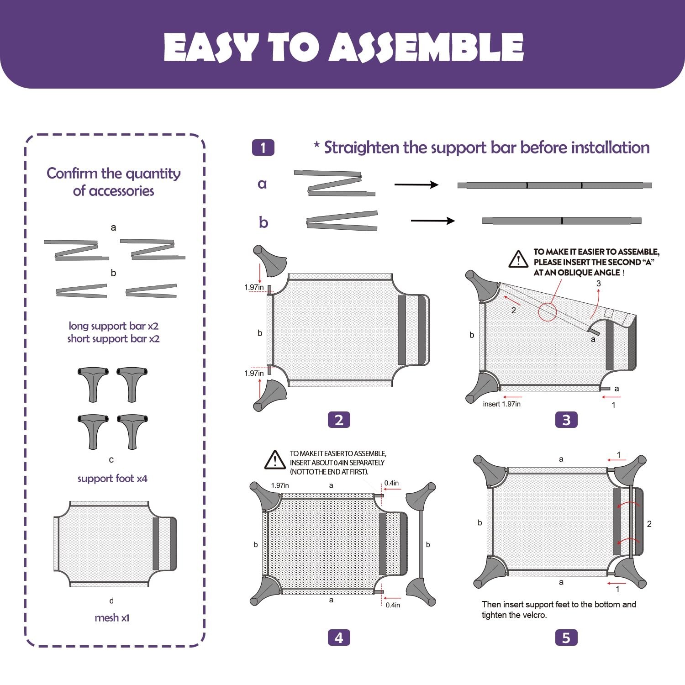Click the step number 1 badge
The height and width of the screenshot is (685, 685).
(x=263, y=148)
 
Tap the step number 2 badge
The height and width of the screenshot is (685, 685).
(x=339, y=420)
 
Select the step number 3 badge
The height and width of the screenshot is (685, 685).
(x=566, y=420)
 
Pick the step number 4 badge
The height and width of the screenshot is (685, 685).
(x=339, y=638)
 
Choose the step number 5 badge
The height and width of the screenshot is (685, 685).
(x=566, y=638)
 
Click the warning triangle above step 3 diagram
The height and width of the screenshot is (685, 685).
(x=518, y=259)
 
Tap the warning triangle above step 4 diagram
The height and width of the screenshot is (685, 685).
(x=275, y=460)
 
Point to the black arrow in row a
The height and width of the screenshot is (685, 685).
(x=416, y=184)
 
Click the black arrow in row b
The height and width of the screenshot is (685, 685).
(x=433, y=221)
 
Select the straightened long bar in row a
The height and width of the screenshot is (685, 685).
(x=555, y=185)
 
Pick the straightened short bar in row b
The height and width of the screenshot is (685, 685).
(x=562, y=221)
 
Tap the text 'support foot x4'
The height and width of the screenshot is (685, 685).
(x=112, y=479)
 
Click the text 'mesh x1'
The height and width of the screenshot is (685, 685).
(x=112, y=618)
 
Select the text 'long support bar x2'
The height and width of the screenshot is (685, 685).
(x=114, y=326)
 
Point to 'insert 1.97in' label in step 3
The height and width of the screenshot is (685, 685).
(x=502, y=404)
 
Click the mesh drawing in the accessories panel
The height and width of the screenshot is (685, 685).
(x=115, y=544)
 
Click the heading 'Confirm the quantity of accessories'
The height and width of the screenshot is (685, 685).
(x=114, y=182)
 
